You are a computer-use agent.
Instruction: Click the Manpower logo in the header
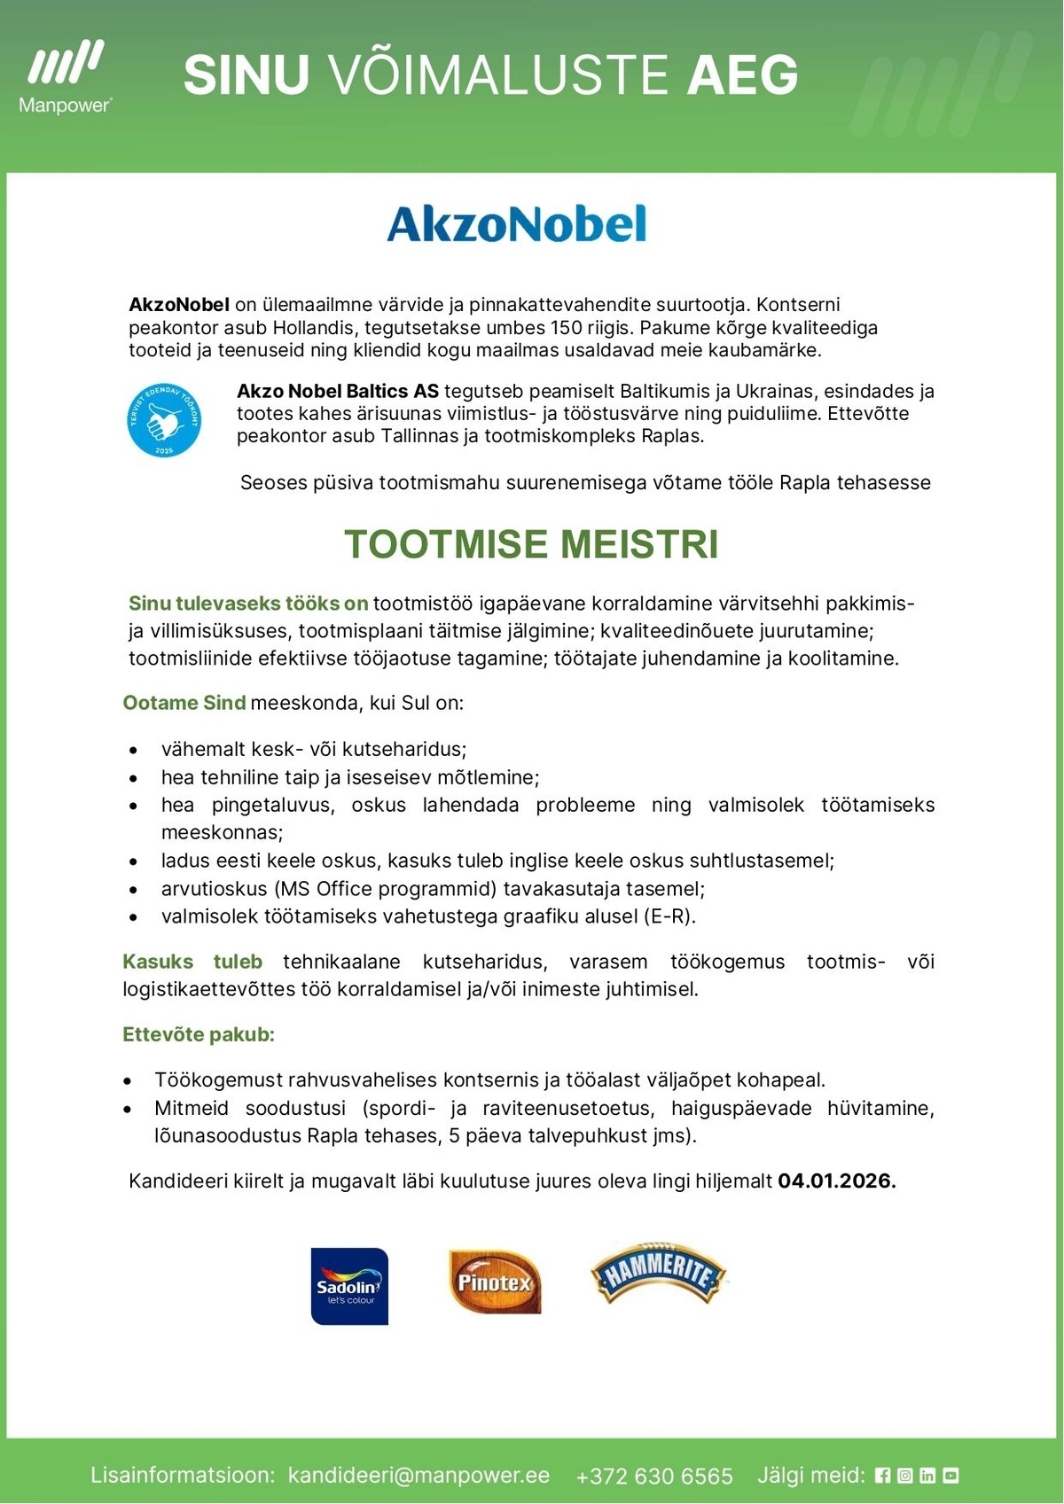pyautogui.click(x=66, y=77)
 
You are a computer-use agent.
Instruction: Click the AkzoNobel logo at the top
pyautogui.click(x=517, y=224)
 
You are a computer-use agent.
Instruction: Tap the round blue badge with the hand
pyautogui.click(x=164, y=420)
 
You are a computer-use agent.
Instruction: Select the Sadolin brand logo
pyautogui.click(x=349, y=1286)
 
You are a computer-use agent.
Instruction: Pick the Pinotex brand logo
pyautogui.click(x=495, y=1282)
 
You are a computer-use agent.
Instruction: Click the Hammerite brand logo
pyautogui.click(x=657, y=1273)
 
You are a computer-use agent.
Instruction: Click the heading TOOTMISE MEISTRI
pyautogui.click(x=531, y=544)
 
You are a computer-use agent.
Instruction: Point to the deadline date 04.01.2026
pyautogui.click(x=836, y=1181)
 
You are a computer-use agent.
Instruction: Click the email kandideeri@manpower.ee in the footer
pyautogui.click(x=419, y=1475)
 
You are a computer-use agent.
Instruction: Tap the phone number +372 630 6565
pyautogui.click(x=654, y=1476)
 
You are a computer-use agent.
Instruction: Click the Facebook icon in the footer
pyautogui.click(x=882, y=1475)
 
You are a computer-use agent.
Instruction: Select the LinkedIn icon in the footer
pyautogui.click(x=927, y=1475)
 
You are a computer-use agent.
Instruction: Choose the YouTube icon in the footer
pyautogui.click(x=951, y=1475)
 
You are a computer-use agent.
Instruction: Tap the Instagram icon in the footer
pyautogui.click(x=904, y=1475)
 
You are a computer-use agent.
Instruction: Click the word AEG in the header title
pyautogui.click(x=743, y=74)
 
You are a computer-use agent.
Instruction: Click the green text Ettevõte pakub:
pyautogui.click(x=199, y=1034)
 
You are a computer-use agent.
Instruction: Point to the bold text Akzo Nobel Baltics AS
pyautogui.click(x=337, y=391)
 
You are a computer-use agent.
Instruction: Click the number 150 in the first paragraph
pyautogui.click(x=566, y=327)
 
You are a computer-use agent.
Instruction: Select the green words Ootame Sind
pyautogui.click(x=184, y=703)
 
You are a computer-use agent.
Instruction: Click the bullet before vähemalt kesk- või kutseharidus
pyautogui.click(x=133, y=750)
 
